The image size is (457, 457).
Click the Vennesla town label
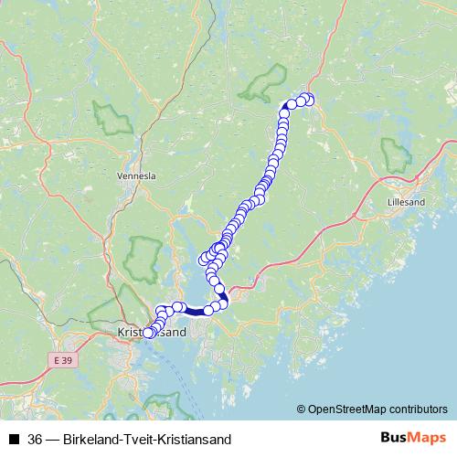137,175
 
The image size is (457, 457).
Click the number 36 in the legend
36,440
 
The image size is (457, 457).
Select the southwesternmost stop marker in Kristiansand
148,334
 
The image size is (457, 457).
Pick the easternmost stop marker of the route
309,100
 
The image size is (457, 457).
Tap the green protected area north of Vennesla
112,118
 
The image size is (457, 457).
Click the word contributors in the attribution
411,409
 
